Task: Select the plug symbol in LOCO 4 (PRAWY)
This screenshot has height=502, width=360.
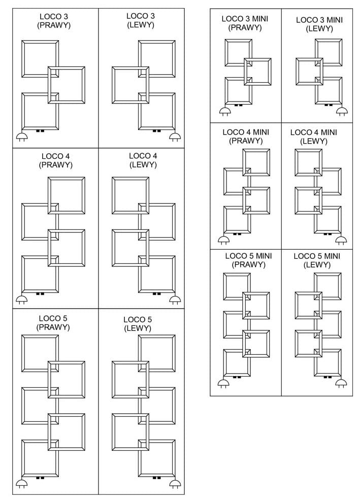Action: tap(21, 299)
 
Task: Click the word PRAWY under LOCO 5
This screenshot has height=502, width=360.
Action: tap(53, 327)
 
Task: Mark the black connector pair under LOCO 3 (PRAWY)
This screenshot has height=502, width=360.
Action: tap(40, 130)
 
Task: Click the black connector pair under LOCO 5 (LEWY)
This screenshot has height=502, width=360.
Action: tap(156, 478)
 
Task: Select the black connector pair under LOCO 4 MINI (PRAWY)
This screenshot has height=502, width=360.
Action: tap(237, 234)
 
